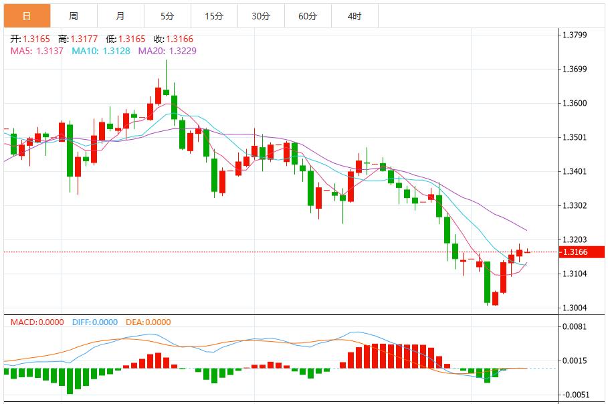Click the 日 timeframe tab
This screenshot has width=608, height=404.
pos(26,15)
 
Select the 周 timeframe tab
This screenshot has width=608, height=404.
pos(73,15)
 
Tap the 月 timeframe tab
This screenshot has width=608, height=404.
pos(120,15)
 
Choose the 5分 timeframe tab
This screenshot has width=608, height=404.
pos(167,15)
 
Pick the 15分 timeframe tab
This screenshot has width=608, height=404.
pos(213,15)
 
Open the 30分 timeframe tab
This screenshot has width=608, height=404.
pos(260,15)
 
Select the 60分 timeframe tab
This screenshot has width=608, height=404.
pos(307,15)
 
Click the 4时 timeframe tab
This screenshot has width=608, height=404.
pos(354,15)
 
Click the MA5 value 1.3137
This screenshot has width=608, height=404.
pos(50,51)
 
